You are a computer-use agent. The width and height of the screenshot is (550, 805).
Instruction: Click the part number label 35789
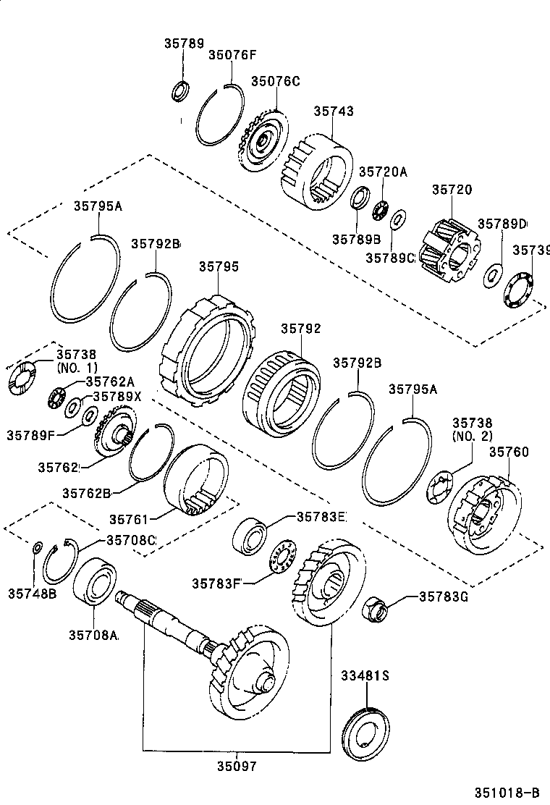pos(183,43)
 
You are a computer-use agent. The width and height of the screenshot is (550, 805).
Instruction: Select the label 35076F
pos(232,54)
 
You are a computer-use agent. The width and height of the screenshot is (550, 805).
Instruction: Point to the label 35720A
pos(384,172)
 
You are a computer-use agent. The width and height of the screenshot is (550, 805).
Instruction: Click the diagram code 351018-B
pos(508,791)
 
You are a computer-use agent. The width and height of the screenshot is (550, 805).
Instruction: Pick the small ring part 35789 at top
pos(180,91)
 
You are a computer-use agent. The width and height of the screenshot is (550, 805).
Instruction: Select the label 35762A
pos(110,382)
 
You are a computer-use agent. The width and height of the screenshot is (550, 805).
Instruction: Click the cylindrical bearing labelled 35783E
pos(251,537)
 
